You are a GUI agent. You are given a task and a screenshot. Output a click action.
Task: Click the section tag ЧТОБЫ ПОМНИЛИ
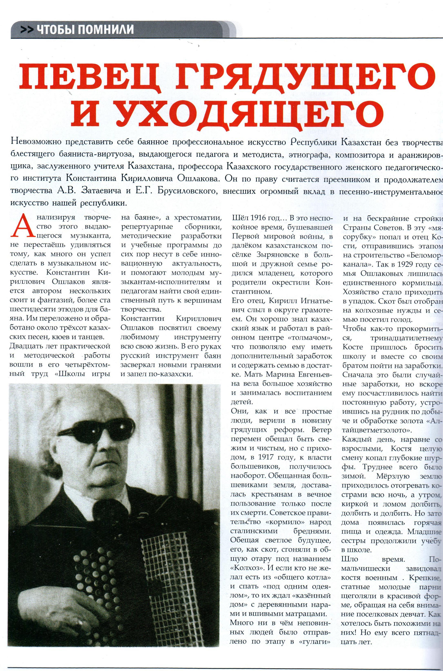[85, 29]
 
